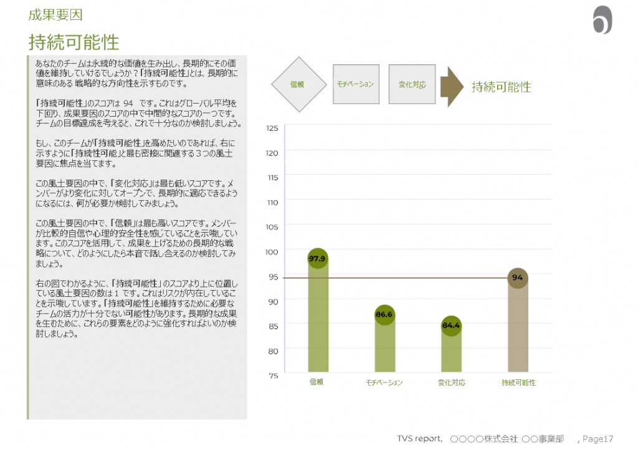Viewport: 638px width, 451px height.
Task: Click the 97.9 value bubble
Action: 318,258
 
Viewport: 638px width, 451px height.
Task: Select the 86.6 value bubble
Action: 384,315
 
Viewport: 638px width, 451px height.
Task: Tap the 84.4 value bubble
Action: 450,325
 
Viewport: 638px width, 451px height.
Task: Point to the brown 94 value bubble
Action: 517,278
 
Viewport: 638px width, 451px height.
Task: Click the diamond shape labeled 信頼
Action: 298,85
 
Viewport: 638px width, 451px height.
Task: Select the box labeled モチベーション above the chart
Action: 356,84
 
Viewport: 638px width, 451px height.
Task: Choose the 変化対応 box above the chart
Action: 412,84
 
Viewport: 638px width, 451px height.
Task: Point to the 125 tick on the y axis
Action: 272,129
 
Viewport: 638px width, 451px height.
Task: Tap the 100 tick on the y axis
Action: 272,251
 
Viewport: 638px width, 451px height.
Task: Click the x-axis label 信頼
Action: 317,382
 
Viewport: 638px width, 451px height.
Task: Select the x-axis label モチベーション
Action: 384,382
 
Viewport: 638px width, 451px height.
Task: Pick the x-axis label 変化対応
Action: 451,382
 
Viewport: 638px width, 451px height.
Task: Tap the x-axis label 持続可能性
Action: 518,382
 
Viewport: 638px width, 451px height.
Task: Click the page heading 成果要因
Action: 55,14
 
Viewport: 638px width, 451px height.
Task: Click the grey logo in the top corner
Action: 602,21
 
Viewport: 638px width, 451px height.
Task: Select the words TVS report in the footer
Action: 419,439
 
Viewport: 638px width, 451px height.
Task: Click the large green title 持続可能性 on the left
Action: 74,42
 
